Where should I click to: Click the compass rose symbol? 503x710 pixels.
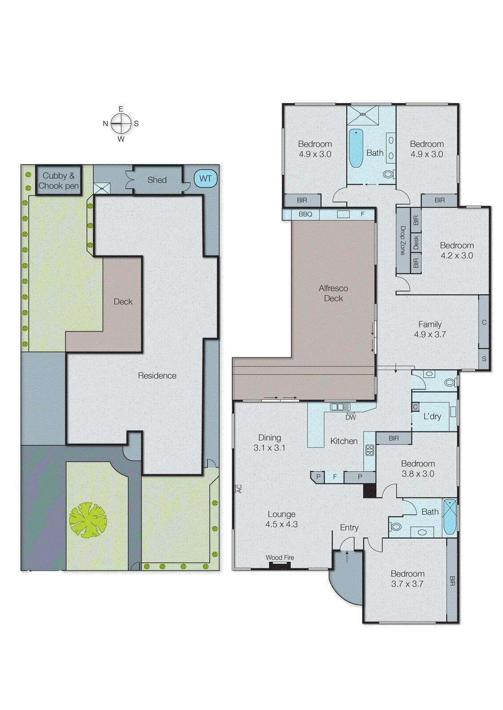(121, 124)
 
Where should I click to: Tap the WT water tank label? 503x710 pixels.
(206, 179)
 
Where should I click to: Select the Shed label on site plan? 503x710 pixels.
(157, 180)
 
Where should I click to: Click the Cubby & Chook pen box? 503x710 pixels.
(59, 181)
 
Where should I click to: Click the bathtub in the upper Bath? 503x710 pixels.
(356, 148)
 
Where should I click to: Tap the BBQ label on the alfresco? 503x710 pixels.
(305, 214)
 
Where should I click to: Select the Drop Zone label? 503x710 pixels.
(403, 241)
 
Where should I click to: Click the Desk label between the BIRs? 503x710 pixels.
(416, 242)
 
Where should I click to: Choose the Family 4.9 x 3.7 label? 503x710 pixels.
(430, 329)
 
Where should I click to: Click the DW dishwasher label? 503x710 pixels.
(351, 418)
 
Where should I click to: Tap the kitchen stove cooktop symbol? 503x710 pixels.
(370, 450)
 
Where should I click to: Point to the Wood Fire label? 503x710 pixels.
(280, 558)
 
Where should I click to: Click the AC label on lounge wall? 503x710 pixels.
(239, 489)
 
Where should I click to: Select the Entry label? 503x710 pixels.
(349, 528)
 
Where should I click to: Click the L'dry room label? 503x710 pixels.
(432, 417)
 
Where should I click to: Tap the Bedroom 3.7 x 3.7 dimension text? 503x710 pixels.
(407, 584)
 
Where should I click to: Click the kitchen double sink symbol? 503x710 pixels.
(340, 407)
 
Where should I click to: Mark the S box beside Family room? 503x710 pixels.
(484, 359)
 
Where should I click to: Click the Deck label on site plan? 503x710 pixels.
(123, 302)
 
